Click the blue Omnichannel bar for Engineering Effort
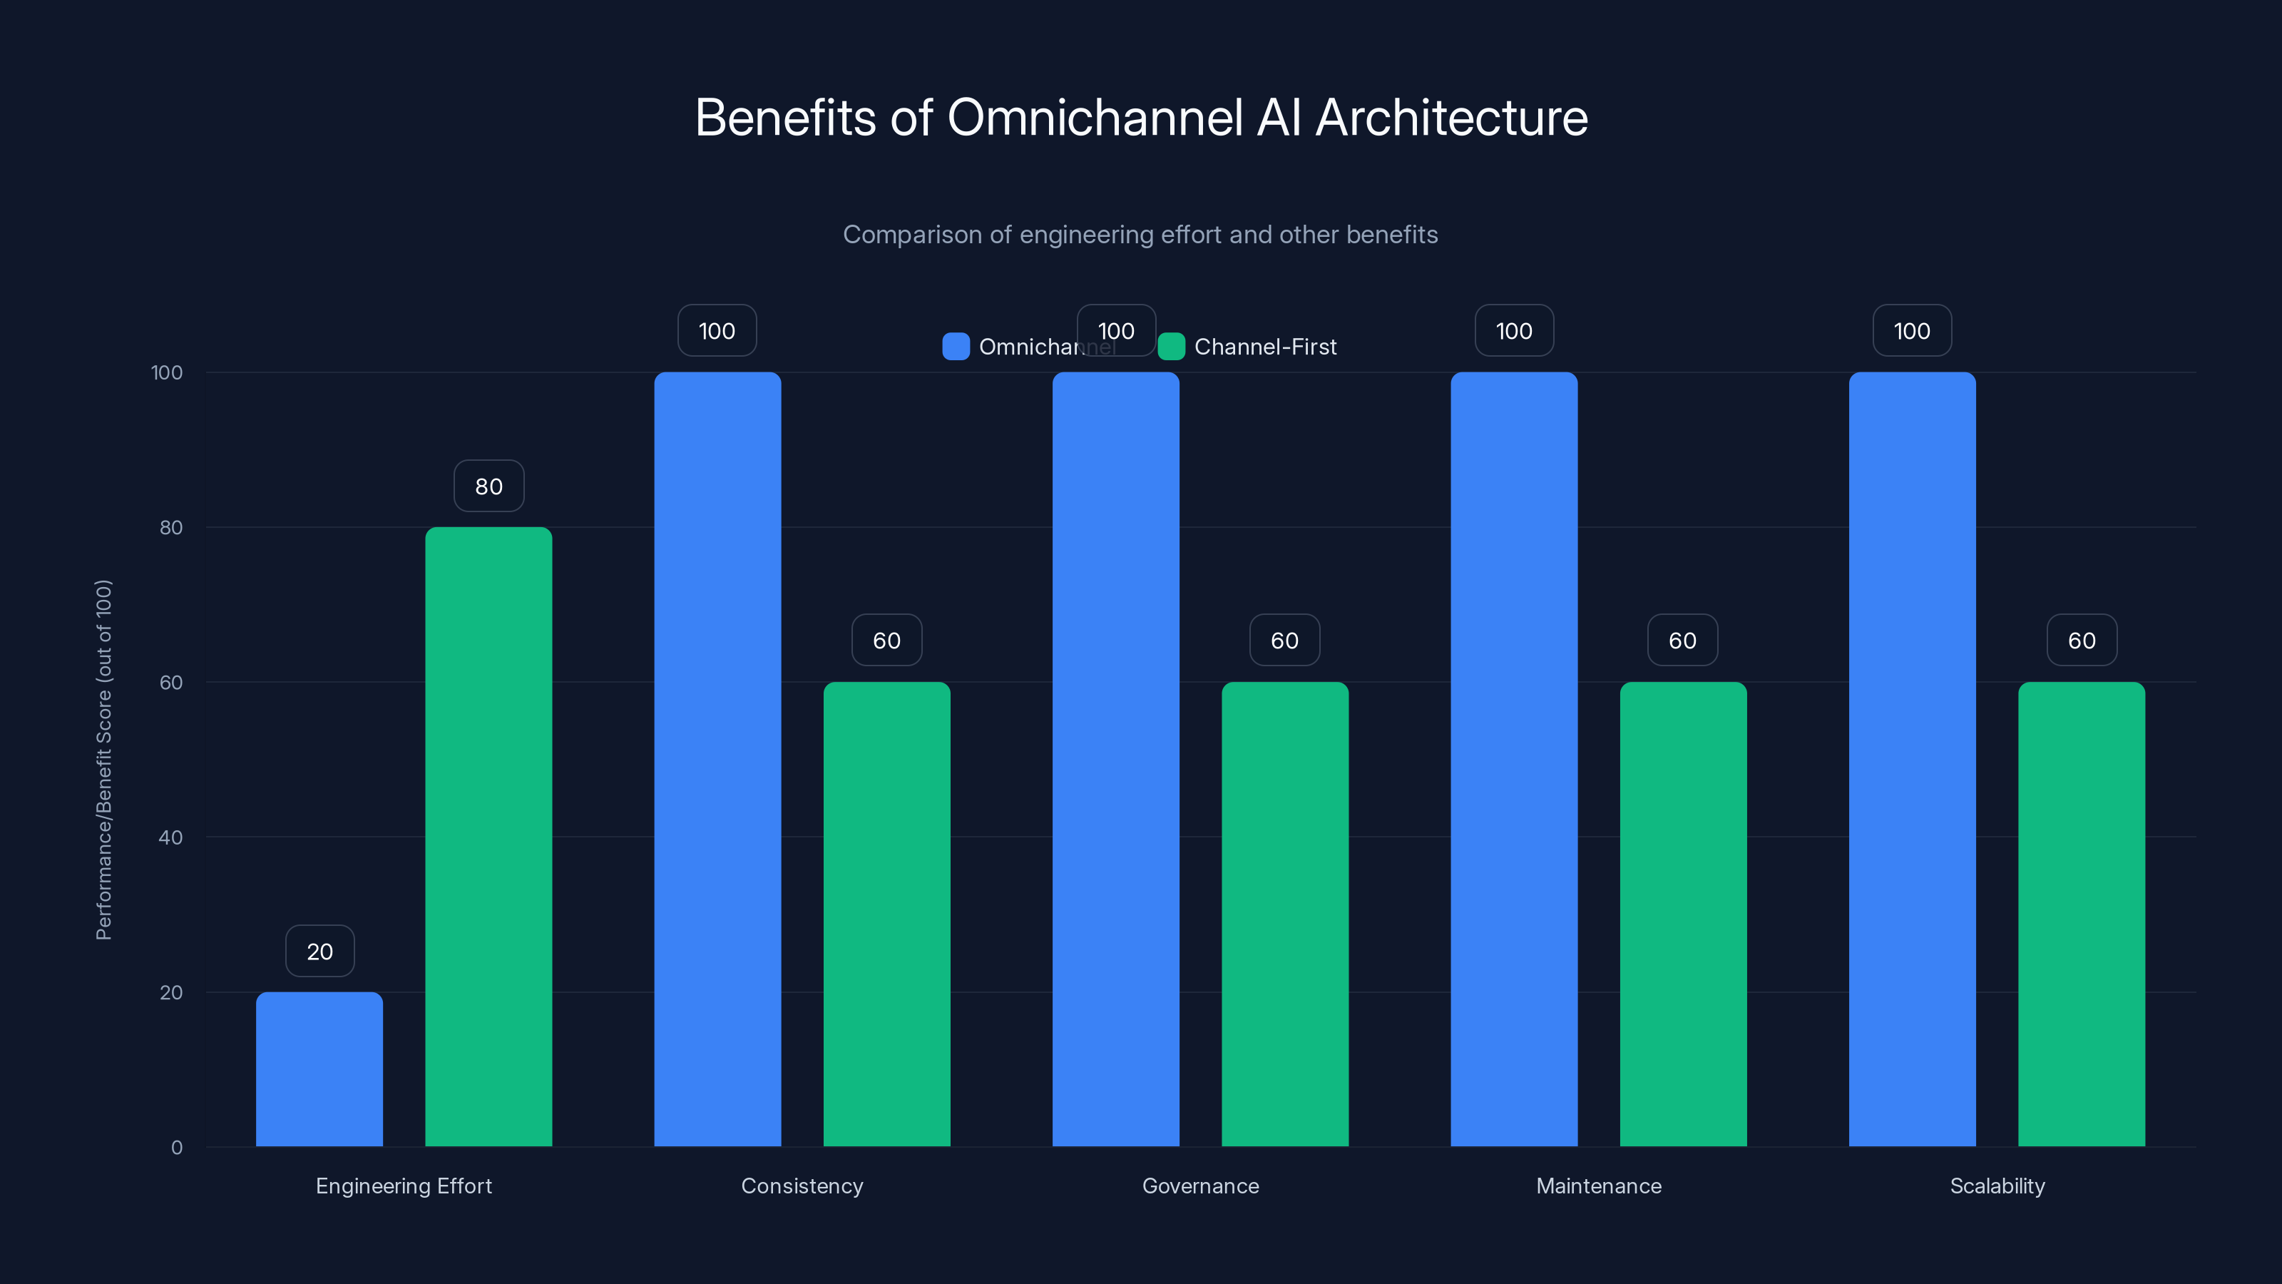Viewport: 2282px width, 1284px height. (319, 1069)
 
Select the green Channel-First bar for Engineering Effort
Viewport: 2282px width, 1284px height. (488, 837)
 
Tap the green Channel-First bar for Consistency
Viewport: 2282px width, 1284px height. (886, 914)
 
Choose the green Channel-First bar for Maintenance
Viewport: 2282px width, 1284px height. (1683, 914)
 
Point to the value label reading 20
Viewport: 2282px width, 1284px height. (319, 952)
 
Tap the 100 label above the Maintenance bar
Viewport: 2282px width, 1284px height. (1514, 330)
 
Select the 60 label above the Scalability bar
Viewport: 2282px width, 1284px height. (2082, 641)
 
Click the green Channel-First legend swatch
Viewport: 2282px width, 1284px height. (1171, 347)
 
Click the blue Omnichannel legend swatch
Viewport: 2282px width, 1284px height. (956, 347)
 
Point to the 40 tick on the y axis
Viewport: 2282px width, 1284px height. (171, 837)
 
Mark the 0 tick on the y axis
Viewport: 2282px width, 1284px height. (176, 1148)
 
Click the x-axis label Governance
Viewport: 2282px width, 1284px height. (1200, 1186)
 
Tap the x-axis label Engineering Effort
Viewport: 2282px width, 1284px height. (403, 1186)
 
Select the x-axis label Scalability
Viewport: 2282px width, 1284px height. (1997, 1186)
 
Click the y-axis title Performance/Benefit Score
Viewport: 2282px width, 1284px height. (103, 760)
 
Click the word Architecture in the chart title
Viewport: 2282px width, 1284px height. (1451, 118)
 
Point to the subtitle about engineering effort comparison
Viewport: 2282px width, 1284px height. (1140, 235)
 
